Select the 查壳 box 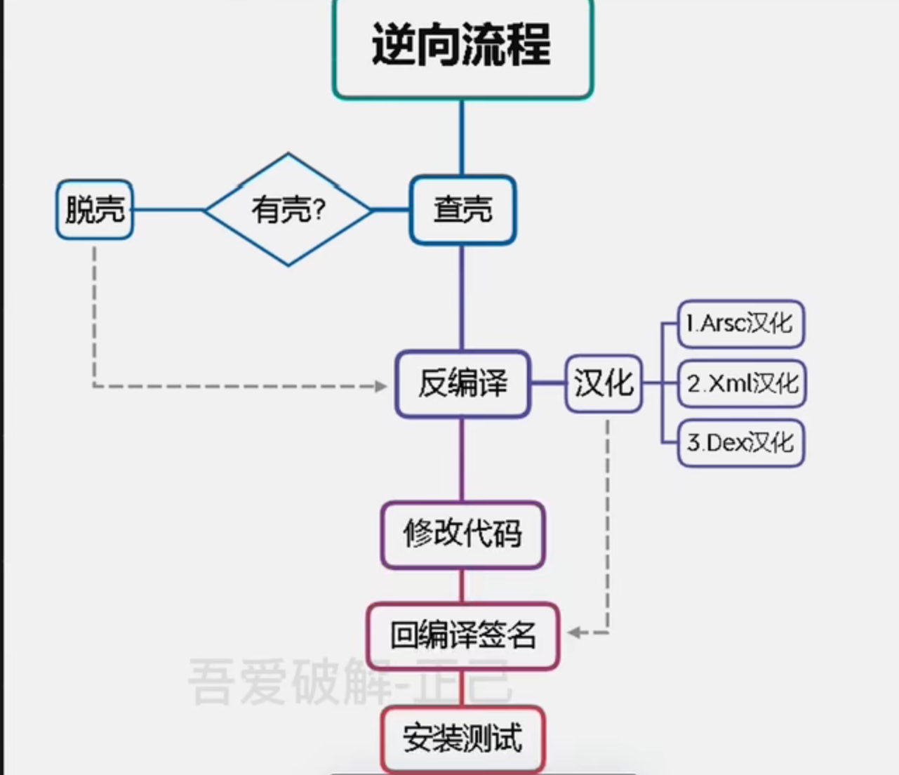(462, 210)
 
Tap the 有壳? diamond (288, 210)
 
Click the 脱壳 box (95, 210)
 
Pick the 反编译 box (462, 384)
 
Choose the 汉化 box (604, 384)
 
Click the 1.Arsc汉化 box (740, 324)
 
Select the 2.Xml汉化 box (742, 384)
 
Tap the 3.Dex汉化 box (740, 443)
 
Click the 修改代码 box (462, 534)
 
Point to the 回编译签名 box (462, 636)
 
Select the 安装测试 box (462, 739)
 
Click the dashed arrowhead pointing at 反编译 (381, 386)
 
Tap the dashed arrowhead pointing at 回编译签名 (575, 633)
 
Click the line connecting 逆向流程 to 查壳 (462, 137)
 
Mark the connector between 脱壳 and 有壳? (168, 210)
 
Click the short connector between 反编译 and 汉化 (548, 384)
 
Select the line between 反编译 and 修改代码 (462, 459)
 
